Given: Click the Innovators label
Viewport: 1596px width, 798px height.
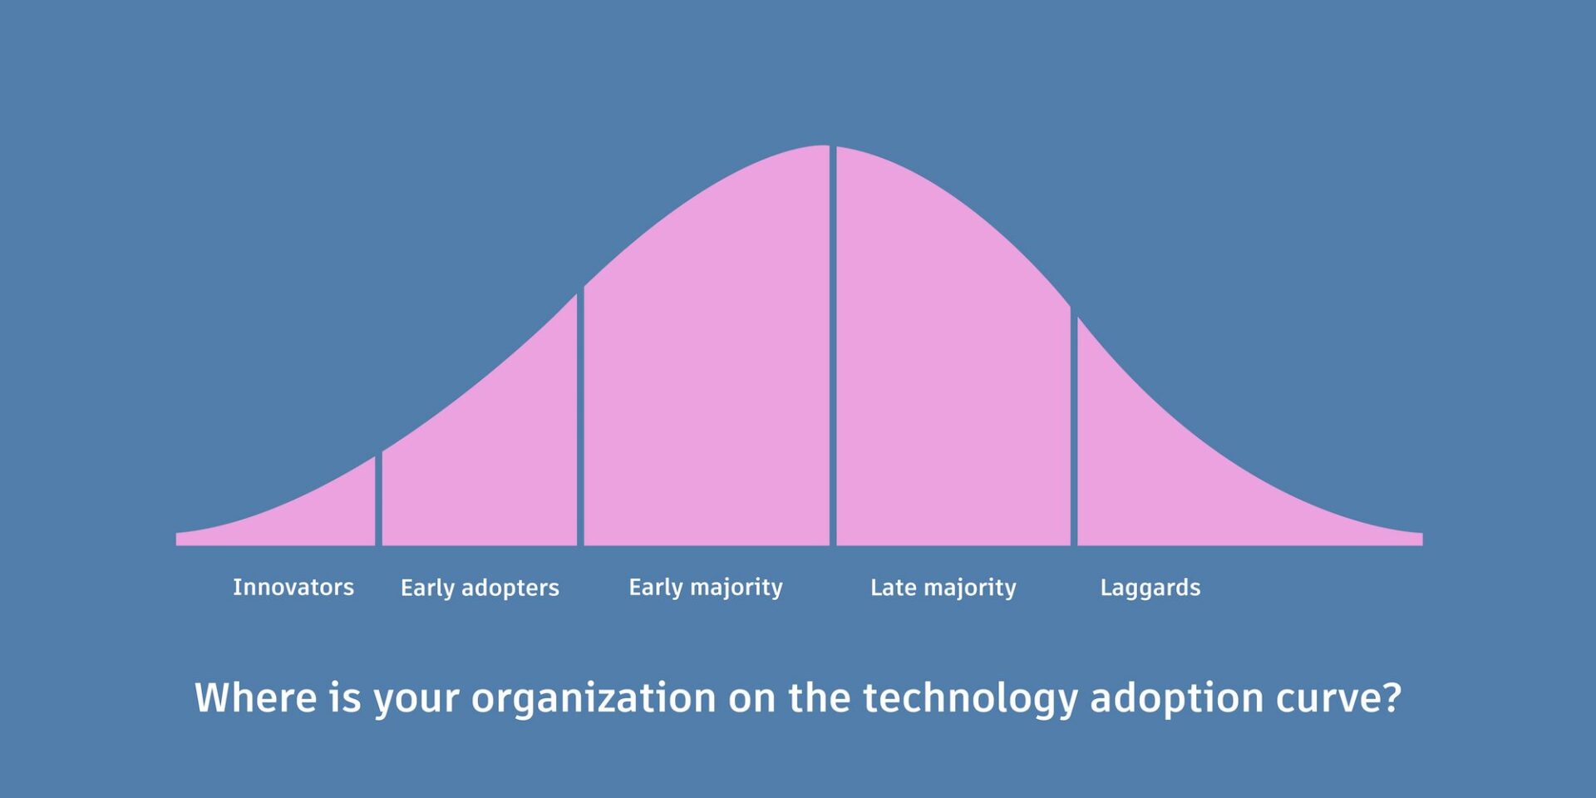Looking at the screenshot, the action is tap(293, 587).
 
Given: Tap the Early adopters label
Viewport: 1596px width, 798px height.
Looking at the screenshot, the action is tap(480, 588).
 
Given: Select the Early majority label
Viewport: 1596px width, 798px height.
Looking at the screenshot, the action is tap(706, 588).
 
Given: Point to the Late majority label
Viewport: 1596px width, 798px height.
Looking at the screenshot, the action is tap(943, 588).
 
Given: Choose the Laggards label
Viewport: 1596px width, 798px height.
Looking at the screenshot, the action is tap(1150, 589).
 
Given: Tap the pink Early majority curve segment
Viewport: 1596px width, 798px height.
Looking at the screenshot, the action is tap(707, 374).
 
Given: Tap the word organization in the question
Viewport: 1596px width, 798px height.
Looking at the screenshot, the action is tap(594, 698).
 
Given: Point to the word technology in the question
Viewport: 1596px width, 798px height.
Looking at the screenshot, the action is tap(970, 698).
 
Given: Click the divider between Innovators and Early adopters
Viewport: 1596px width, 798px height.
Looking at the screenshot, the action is tap(379, 500).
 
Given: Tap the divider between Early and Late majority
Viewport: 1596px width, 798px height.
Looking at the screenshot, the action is tap(833, 346).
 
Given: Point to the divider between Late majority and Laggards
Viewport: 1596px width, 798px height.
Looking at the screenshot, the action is tap(1075, 429).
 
